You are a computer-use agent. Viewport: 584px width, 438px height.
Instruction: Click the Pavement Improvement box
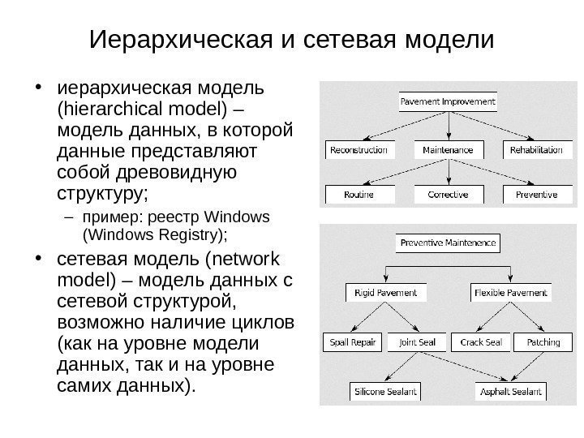tap(448, 103)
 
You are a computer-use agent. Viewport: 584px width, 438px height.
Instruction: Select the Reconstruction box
tap(359, 150)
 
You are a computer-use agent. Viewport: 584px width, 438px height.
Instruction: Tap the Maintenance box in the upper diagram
tap(448, 150)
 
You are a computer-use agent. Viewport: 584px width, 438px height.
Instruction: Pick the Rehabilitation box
tap(536, 150)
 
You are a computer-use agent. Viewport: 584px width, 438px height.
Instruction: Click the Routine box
tap(359, 195)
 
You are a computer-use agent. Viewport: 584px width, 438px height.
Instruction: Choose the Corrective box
tap(448, 195)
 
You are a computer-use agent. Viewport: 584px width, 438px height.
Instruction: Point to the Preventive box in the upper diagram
tap(536, 195)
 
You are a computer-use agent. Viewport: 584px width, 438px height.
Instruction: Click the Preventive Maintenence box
tap(448, 243)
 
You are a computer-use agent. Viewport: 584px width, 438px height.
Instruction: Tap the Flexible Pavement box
tap(510, 292)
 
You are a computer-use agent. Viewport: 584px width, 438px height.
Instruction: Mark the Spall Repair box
tap(352, 342)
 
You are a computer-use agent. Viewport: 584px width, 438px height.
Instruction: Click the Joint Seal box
tap(417, 342)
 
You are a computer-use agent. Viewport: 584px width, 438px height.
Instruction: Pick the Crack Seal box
tap(480, 342)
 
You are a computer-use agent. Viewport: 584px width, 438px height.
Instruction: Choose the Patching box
tap(543, 342)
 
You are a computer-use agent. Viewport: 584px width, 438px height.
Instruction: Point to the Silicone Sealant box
tap(384, 392)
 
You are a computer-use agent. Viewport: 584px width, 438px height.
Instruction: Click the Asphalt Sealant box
tap(510, 392)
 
